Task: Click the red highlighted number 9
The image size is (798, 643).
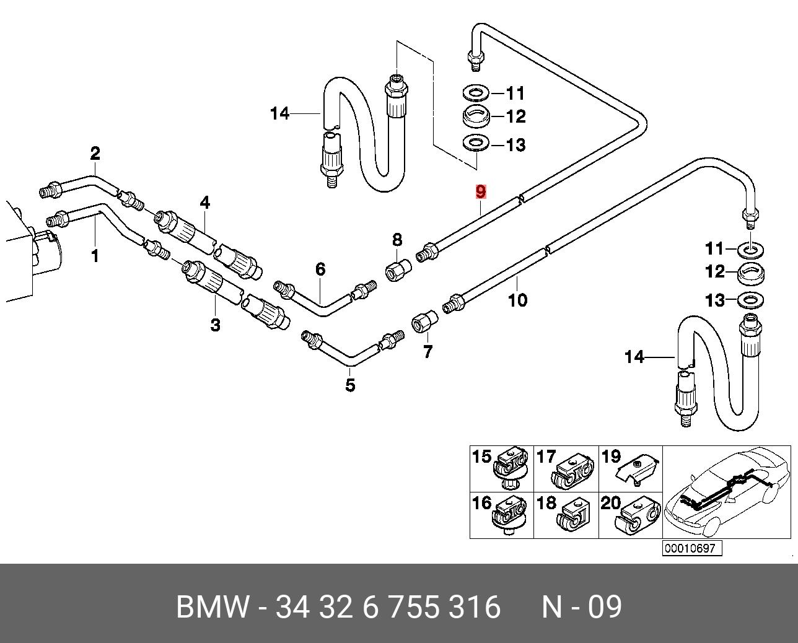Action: pos(481,192)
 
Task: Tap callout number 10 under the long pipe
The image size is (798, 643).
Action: pos(517,300)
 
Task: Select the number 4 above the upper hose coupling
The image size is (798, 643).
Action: pos(204,203)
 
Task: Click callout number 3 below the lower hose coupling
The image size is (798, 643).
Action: pos(215,325)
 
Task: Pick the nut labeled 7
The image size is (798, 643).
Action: pos(424,323)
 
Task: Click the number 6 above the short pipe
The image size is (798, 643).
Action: pos(320,269)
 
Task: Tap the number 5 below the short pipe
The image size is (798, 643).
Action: pos(350,385)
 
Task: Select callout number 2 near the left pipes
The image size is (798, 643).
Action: pos(95,152)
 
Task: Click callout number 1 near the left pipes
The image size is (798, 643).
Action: pos(95,255)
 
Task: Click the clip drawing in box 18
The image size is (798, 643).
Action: pos(574,515)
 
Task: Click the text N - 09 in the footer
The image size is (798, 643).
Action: pos(581,607)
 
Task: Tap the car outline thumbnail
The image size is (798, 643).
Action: pos(726,491)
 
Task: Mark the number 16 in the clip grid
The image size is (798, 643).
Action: pos(481,502)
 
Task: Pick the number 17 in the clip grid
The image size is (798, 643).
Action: pos(546,457)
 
